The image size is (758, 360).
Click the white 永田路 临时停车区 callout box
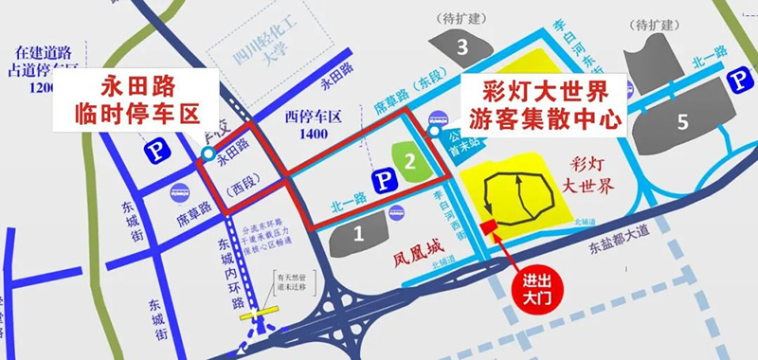147,104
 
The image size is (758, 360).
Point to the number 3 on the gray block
462,45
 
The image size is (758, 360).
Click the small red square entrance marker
490,227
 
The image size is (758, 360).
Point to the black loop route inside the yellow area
516,199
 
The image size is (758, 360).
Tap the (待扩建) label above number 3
461,17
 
